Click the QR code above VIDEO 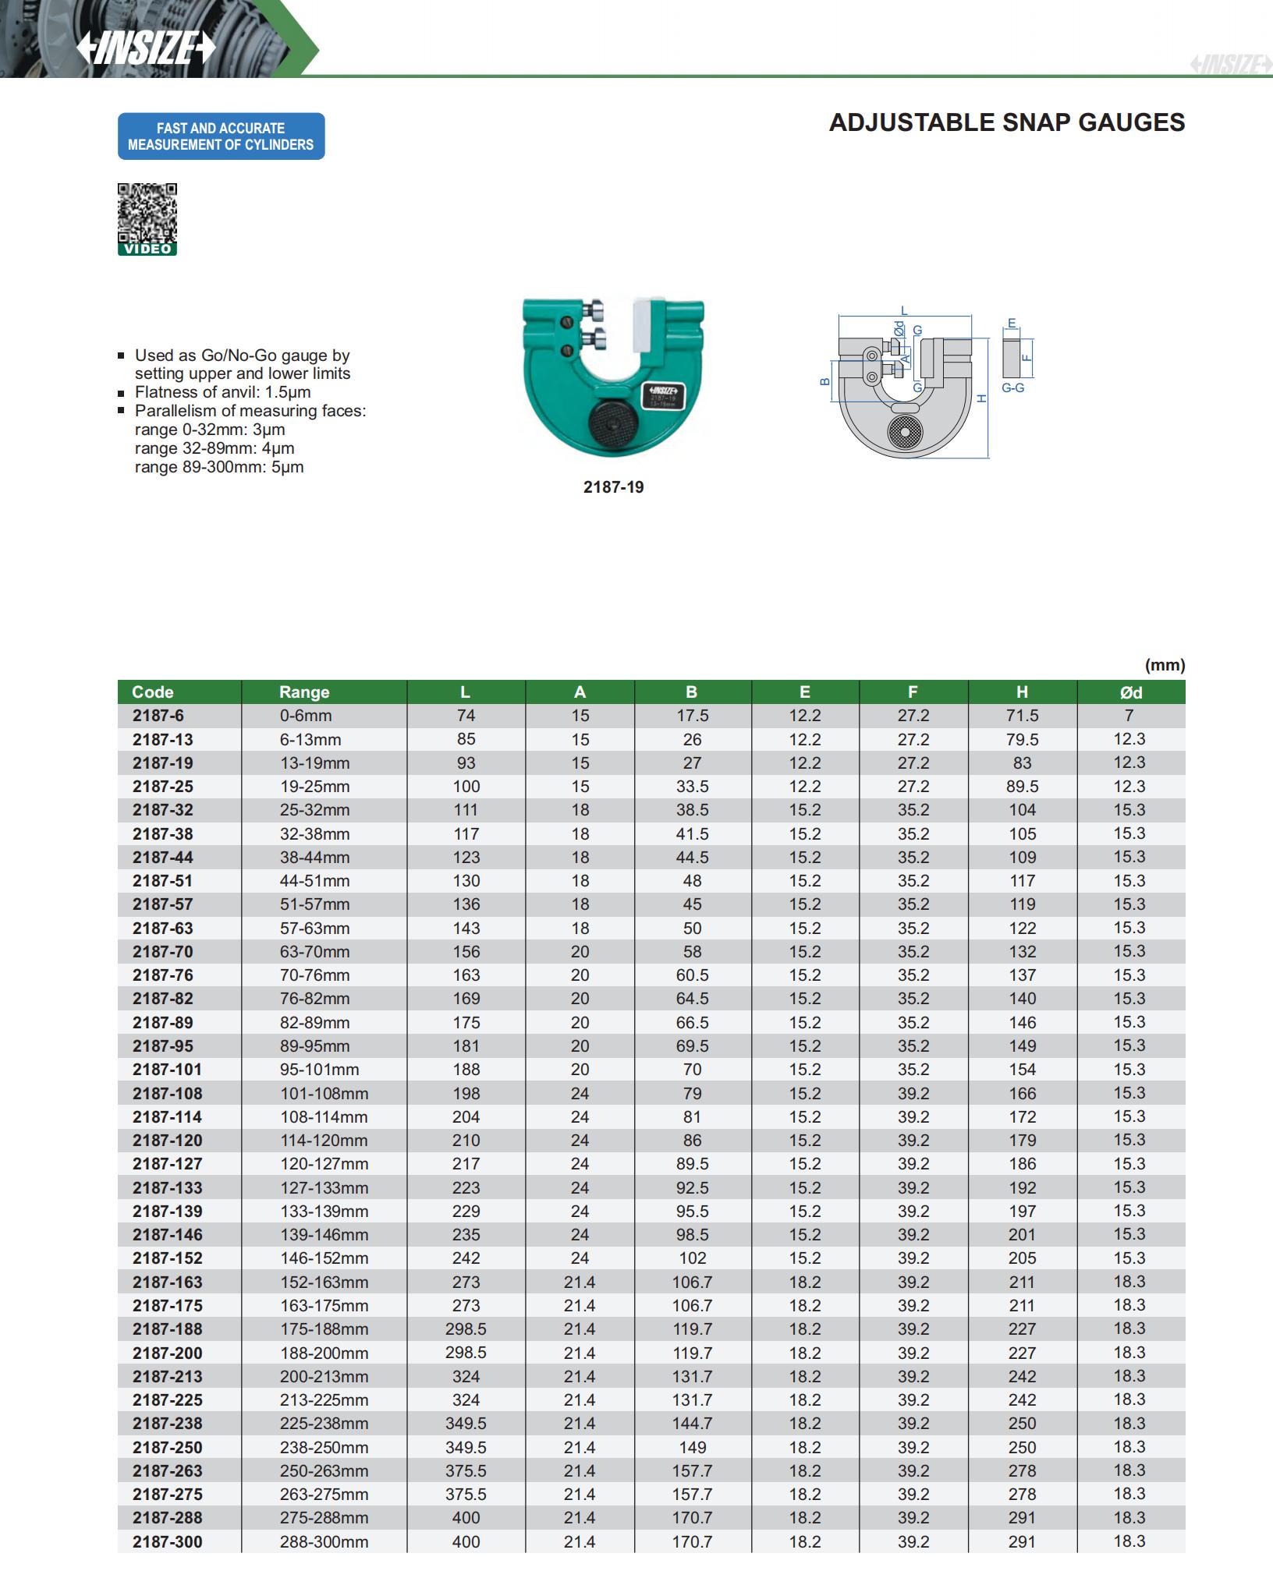(147, 213)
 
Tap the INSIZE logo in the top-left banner (146, 48)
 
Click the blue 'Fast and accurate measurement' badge (221, 136)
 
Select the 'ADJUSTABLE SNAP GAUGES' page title (1006, 122)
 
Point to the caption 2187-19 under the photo (613, 487)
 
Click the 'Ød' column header (1130, 692)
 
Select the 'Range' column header (304, 692)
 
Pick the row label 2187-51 (162, 881)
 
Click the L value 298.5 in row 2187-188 (466, 1329)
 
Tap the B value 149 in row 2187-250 (692, 1447)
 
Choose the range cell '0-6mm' (306, 716)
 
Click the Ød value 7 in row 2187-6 (1129, 716)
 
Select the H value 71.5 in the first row (1022, 716)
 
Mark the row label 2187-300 (167, 1541)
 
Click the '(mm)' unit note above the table (1165, 665)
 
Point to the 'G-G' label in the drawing (1012, 387)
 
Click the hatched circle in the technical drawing (905, 431)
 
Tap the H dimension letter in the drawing (982, 398)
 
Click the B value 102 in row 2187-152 (692, 1258)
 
